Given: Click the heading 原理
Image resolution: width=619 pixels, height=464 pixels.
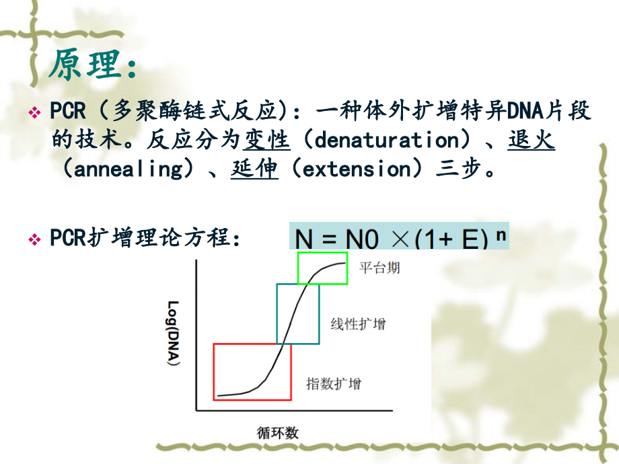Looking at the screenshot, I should click(x=94, y=65).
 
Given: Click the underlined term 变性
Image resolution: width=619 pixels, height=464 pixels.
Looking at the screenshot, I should click(x=267, y=141).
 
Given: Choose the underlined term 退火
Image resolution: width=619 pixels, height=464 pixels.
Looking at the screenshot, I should click(x=532, y=141).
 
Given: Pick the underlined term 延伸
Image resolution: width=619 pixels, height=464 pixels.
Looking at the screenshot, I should click(x=254, y=169).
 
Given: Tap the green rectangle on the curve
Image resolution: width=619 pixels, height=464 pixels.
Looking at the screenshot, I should click(x=322, y=268).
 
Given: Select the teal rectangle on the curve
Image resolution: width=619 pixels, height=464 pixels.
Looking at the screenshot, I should click(x=298, y=313).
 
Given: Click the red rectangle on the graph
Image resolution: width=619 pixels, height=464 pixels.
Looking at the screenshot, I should click(x=252, y=372).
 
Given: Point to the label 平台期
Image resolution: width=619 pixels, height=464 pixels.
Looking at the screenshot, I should click(x=379, y=268).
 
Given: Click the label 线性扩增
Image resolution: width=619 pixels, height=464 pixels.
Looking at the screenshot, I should click(x=358, y=324).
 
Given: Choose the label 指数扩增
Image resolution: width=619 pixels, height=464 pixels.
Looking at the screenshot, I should click(x=334, y=384).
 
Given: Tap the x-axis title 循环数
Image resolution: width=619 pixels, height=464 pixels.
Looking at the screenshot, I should click(x=277, y=432).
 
